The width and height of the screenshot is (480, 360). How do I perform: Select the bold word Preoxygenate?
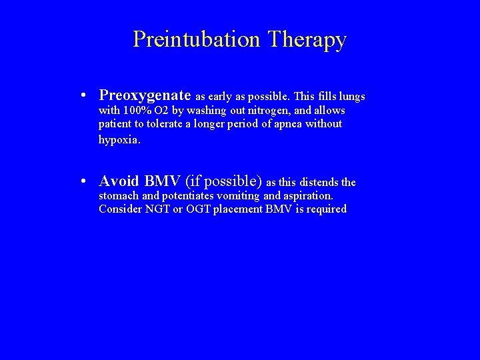(x=145, y=96)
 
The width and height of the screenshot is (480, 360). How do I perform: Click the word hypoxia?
(x=119, y=139)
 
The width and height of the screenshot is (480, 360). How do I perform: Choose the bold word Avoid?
(x=119, y=181)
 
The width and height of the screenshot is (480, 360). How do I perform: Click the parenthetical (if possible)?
(x=223, y=181)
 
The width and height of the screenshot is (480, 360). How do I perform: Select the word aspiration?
(x=308, y=196)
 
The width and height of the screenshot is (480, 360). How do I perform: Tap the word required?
(x=327, y=209)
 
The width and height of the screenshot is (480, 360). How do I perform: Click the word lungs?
(x=351, y=97)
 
